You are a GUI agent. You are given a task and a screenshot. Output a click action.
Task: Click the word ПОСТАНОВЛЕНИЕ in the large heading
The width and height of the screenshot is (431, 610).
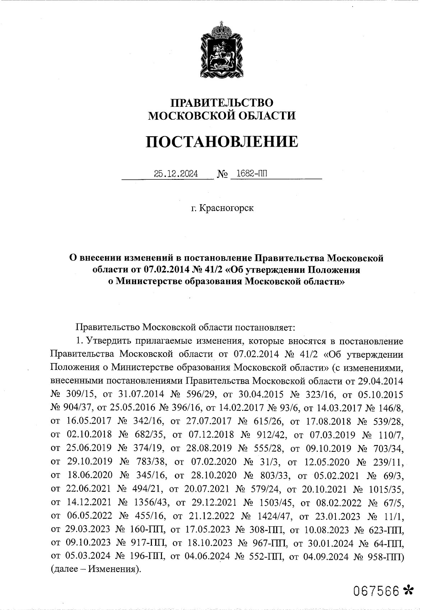(222, 142)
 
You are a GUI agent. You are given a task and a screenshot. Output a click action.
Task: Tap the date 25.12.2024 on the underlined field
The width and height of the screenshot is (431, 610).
(176, 174)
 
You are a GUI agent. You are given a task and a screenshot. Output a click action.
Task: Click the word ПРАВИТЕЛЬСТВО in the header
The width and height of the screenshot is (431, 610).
(222, 102)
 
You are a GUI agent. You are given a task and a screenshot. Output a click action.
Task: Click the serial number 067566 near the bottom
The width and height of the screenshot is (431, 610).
(376, 590)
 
